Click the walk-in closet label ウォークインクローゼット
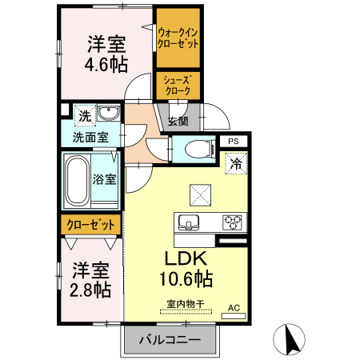(x=178, y=37)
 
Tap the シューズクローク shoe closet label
(x=177, y=86)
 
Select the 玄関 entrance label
(x=178, y=122)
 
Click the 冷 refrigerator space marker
(x=236, y=164)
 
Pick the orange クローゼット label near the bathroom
(x=91, y=225)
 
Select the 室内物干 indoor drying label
(x=186, y=303)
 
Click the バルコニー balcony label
(x=170, y=339)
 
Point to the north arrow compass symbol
(x=290, y=340)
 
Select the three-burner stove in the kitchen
(x=233, y=222)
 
